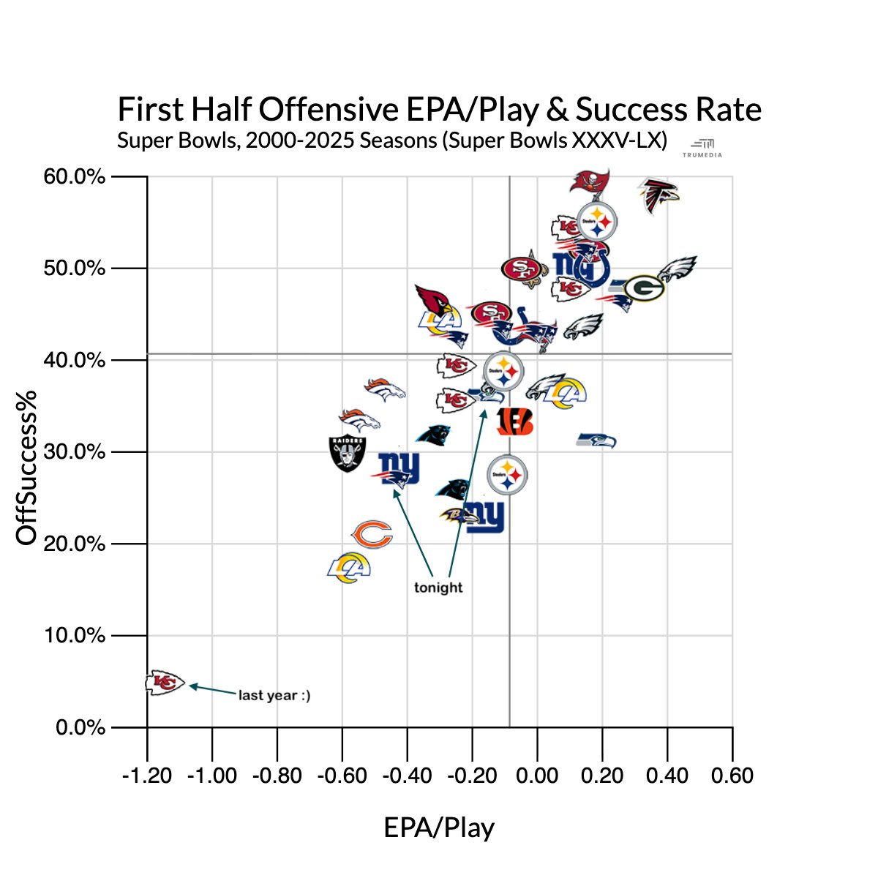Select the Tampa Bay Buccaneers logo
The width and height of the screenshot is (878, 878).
point(590,180)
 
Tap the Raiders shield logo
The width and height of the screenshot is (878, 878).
point(348,453)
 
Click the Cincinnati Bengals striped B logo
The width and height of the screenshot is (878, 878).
point(515,422)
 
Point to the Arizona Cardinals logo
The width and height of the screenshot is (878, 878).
point(435,300)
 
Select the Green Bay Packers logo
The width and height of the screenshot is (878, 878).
point(643,288)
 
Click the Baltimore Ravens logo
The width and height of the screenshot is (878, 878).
point(457,517)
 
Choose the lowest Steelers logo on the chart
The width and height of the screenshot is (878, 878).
point(507,475)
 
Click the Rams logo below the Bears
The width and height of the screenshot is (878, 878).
point(349,569)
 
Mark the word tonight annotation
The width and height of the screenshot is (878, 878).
point(438,588)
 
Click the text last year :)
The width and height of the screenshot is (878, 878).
point(274,695)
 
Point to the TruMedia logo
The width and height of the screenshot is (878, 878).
point(702,147)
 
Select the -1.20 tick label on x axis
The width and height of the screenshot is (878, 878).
point(147,776)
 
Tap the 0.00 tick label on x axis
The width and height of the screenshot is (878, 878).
point(537,776)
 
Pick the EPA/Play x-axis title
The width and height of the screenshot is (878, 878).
point(439,828)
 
